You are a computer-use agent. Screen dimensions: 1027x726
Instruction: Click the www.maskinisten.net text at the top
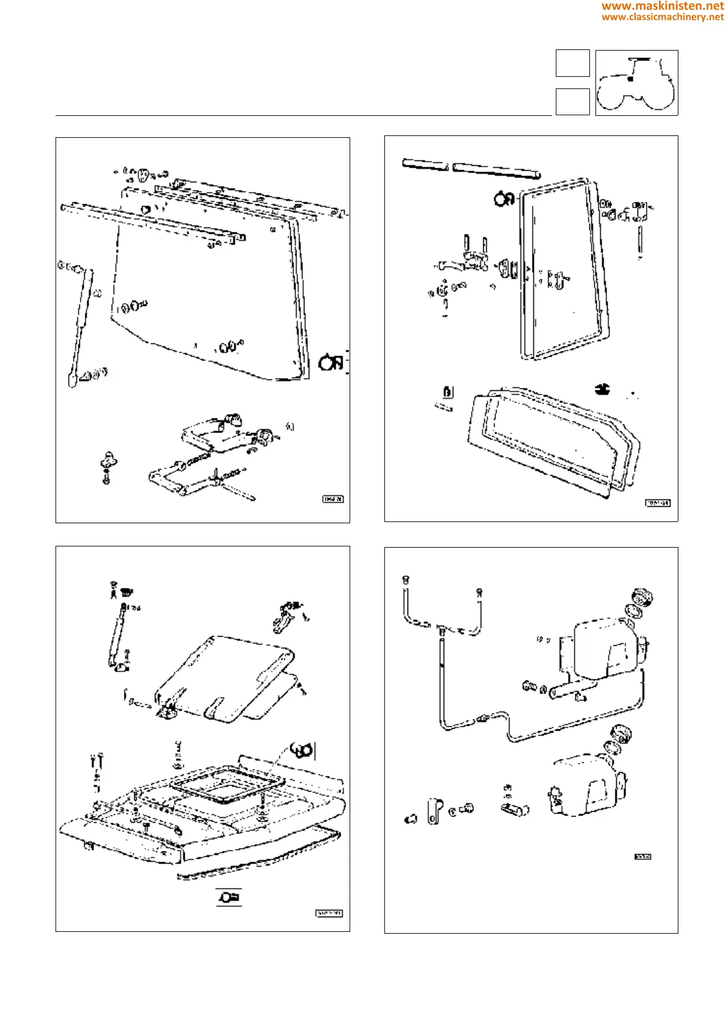pyautogui.click(x=662, y=6)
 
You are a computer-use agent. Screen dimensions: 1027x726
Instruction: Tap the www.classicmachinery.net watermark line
pyautogui.click(x=662, y=17)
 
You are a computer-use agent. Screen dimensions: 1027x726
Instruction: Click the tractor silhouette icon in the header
pyautogui.click(x=636, y=83)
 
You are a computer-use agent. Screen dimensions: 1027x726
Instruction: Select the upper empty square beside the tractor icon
pyautogui.click(x=572, y=63)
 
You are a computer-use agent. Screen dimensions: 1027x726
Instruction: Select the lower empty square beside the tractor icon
pyautogui.click(x=572, y=101)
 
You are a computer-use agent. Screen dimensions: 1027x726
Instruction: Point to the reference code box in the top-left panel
pyautogui.click(x=332, y=499)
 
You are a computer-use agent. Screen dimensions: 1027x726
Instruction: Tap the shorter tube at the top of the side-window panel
pyautogui.click(x=425, y=164)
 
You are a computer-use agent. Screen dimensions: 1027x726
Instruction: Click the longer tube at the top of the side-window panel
pyautogui.click(x=496, y=170)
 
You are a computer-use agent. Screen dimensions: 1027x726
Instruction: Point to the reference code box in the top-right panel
pyautogui.click(x=658, y=503)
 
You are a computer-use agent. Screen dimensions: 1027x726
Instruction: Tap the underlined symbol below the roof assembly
pyautogui.click(x=229, y=897)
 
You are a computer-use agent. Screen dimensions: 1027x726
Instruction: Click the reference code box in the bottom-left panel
pyautogui.click(x=329, y=913)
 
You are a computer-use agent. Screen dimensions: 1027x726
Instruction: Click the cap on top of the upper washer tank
pyautogui.click(x=642, y=596)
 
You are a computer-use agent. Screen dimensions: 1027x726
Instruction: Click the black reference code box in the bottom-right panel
pyautogui.click(x=642, y=857)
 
